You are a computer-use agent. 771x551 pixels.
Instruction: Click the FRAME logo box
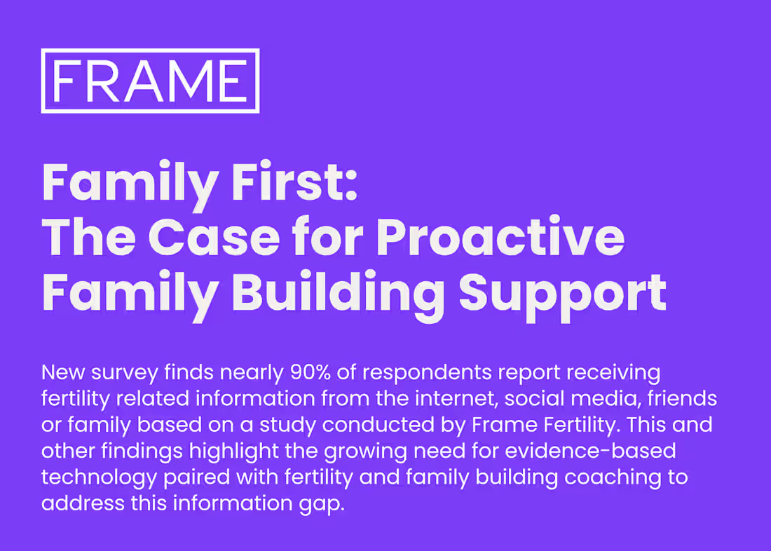(x=150, y=81)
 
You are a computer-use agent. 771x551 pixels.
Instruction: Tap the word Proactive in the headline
(x=500, y=238)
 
